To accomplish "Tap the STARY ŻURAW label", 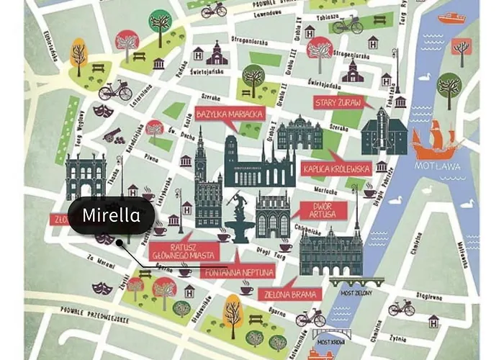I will point(338,102).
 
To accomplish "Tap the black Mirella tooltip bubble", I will point(112,215).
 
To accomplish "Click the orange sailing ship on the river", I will point(436,140).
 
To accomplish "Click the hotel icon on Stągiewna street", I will point(433,321).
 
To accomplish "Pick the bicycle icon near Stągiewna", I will point(401,308).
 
